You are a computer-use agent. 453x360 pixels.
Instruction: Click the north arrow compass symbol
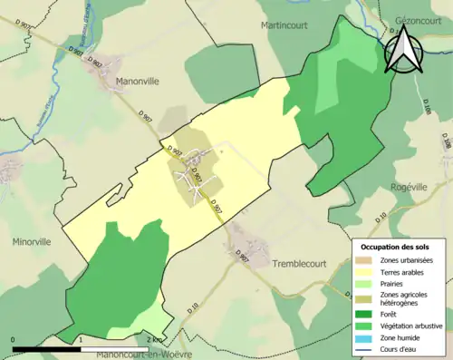click(402, 49)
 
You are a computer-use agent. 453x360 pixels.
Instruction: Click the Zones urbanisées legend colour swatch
click(367, 261)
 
